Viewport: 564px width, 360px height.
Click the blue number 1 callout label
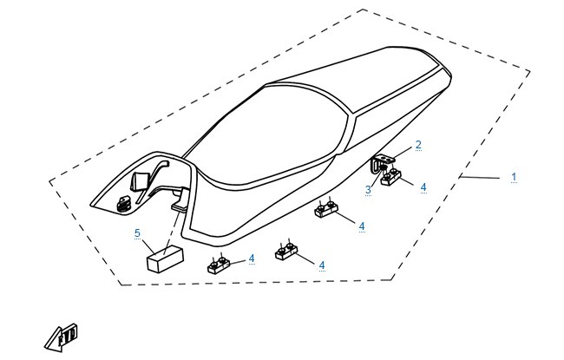tap(514, 177)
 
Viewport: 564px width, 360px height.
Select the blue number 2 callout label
tap(418, 145)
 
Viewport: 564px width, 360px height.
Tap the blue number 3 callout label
tap(368, 190)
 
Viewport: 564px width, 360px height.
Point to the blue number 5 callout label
tap(137, 233)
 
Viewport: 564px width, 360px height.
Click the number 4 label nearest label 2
tap(423, 187)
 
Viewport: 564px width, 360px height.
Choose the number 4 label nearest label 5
tap(252, 259)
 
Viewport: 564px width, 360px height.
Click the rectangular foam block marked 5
tap(165, 259)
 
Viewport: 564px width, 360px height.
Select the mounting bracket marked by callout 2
tap(382, 160)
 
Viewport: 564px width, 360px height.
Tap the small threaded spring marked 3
tap(384, 167)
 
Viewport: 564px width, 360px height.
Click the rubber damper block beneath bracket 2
tap(390, 177)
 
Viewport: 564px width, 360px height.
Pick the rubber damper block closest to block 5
tap(219, 265)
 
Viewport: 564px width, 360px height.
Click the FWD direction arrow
tap(61, 338)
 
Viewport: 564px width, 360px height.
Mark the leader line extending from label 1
tap(480, 177)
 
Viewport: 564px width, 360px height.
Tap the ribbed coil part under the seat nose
tap(123, 203)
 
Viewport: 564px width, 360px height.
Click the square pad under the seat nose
tap(139, 181)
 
